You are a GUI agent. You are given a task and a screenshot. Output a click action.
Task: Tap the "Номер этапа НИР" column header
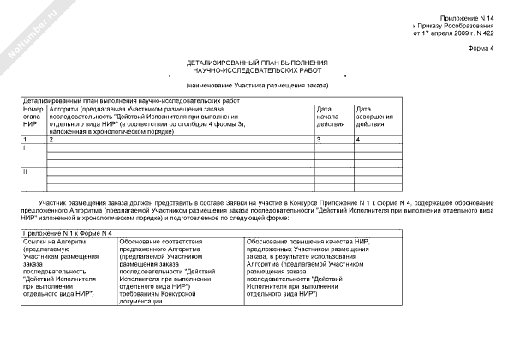pyautogui.click(x=33, y=117)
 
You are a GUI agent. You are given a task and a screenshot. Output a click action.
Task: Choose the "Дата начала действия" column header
pyautogui.click(x=330, y=117)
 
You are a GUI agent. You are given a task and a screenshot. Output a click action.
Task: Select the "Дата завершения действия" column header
pyautogui.click(x=375, y=117)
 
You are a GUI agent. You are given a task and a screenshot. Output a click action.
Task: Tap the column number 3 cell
pyautogui.click(x=320, y=138)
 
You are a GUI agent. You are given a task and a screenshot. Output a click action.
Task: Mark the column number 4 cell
pyautogui.click(x=358, y=138)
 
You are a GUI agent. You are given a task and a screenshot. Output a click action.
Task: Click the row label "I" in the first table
pyautogui.click(x=25, y=147)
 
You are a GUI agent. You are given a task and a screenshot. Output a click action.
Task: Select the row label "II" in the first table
pyautogui.click(x=26, y=171)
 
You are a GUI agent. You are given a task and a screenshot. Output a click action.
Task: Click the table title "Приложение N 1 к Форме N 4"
pyautogui.click(x=68, y=234)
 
